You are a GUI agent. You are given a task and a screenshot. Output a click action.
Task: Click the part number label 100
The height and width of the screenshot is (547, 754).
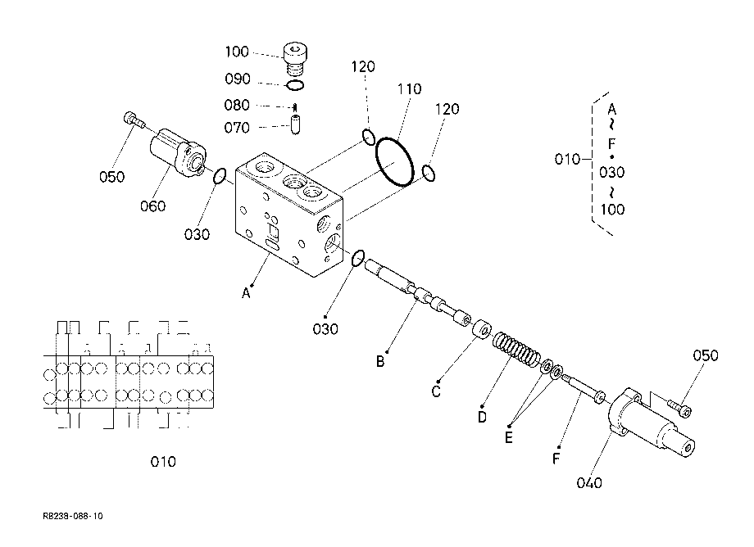click(x=237, y=52)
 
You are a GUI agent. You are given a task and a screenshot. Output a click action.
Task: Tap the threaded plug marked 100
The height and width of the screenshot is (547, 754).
click(x=295, y=58)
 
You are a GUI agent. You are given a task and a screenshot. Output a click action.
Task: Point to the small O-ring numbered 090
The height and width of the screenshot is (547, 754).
click(x=295, y=85)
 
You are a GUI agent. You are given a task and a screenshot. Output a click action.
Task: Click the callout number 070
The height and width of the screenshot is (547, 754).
click(x=237, y=128)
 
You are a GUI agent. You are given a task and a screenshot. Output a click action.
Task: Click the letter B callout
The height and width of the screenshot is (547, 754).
click(x=380, y=362)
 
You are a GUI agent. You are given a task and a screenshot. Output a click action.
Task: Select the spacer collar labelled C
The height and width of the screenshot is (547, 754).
click(x=481, y=330)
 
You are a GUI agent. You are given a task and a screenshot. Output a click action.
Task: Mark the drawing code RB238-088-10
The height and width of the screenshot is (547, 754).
click(x=73, y=516)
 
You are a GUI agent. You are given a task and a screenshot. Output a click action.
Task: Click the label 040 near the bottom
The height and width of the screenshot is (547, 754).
click(x=589, y=482)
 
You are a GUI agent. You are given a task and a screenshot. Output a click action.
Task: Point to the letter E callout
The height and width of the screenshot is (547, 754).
click(x=508, y=437)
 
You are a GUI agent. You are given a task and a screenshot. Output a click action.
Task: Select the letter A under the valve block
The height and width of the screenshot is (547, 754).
click(x=246, y=293)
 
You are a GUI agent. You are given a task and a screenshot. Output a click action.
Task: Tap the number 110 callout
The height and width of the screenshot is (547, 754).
click(x=409, y=88)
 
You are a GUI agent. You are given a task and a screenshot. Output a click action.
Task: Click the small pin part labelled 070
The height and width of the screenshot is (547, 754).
click(x=295, y=124)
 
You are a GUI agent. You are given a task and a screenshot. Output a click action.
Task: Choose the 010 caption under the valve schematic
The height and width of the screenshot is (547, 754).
click(x=163, y=462)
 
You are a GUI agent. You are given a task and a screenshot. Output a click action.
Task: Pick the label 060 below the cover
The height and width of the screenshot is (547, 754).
click(x=153, y=206)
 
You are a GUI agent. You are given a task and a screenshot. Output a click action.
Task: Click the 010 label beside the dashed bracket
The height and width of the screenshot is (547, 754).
click(x=567, y=159)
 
